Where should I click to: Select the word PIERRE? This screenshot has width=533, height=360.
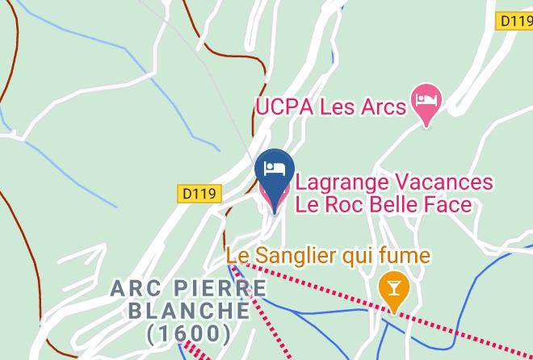click(209, 288)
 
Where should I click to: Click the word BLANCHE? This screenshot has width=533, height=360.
click(177, 310)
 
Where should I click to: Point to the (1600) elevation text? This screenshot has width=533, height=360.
click(189, 332)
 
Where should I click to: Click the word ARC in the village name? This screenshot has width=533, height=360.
click(133, 288)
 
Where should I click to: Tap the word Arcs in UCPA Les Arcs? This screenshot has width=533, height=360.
click(380, 107)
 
